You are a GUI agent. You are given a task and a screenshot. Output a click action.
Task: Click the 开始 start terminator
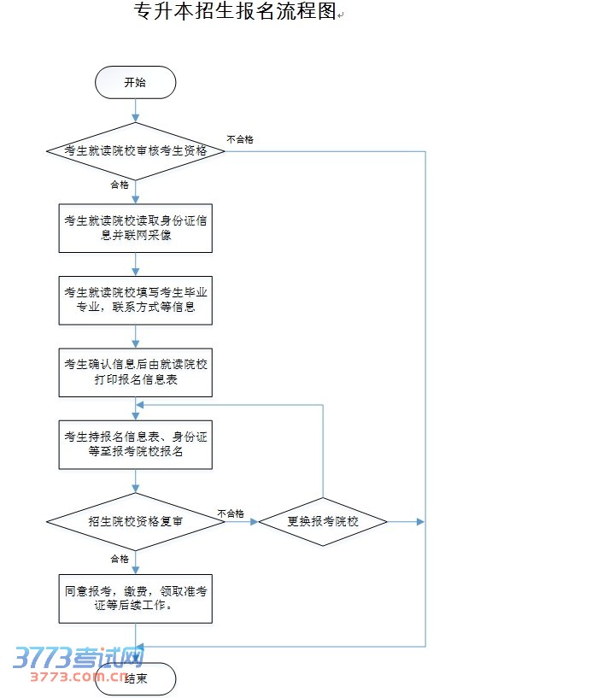[x=135, y=83]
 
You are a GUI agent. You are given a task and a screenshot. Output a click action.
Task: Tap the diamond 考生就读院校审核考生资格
[x=135, y=150]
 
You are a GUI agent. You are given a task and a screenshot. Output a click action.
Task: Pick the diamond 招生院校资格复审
[x=135, y=520]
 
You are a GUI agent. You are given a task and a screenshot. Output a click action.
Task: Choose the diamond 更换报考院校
[x=323, y=520]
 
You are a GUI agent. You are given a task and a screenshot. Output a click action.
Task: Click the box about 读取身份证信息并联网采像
[x=135, y=228]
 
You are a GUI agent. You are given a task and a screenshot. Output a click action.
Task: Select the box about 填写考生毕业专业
[x=135, y=300]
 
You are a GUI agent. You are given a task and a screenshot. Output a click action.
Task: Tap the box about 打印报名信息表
[x=135, y=372]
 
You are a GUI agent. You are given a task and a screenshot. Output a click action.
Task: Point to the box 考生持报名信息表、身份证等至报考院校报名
[x=135, y=444]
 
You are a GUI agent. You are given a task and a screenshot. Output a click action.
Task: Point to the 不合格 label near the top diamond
[x=240, y=138]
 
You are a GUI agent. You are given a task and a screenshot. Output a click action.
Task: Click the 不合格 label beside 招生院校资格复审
[x=231, y=513]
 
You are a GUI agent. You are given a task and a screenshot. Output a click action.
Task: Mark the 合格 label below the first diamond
[x=120, y=185]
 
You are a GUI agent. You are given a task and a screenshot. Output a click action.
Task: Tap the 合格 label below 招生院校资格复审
[x=120, y=559]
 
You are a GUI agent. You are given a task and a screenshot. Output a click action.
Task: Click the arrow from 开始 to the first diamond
[x=135, y=110]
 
